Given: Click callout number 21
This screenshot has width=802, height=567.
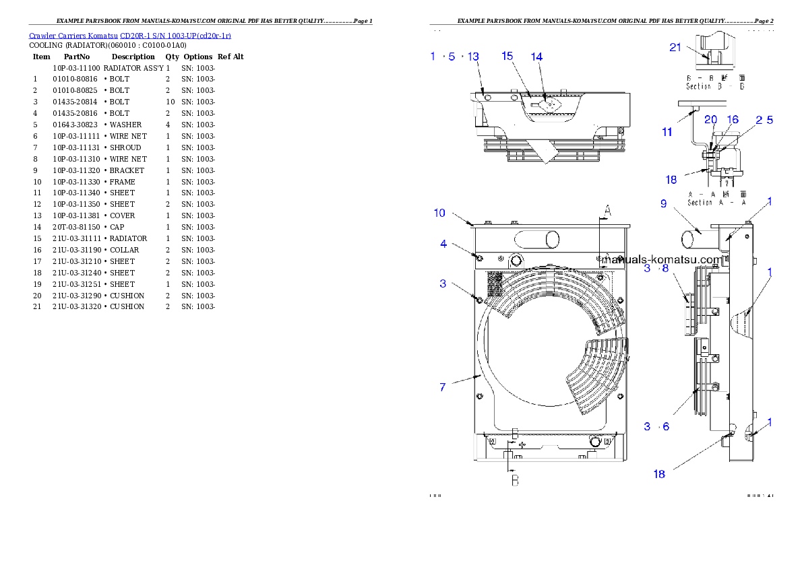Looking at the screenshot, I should tap(676, 46).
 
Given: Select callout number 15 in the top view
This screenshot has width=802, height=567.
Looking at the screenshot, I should tap(507, 57).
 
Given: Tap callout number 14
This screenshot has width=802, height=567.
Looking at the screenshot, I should tap(536, 57).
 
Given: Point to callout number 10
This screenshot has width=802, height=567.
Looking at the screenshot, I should tap(439, 213).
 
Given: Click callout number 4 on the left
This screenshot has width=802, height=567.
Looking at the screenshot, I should tap(443, 244).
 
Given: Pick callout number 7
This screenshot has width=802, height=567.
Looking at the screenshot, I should tap(442, 387).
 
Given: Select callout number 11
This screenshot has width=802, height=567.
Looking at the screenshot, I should tap(667, 132).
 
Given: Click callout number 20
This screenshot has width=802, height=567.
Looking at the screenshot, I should tap(710, 119).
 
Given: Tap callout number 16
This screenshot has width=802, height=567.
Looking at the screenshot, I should tap(733, 119).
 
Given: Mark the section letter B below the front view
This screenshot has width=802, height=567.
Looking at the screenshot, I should tap(514, 481).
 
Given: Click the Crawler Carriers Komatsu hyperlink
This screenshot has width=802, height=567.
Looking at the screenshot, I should tap(130, 35).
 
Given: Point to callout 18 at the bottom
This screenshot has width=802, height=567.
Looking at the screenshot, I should tap(659, 474).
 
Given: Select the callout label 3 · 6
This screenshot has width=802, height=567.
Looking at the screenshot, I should tap(656, 426).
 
